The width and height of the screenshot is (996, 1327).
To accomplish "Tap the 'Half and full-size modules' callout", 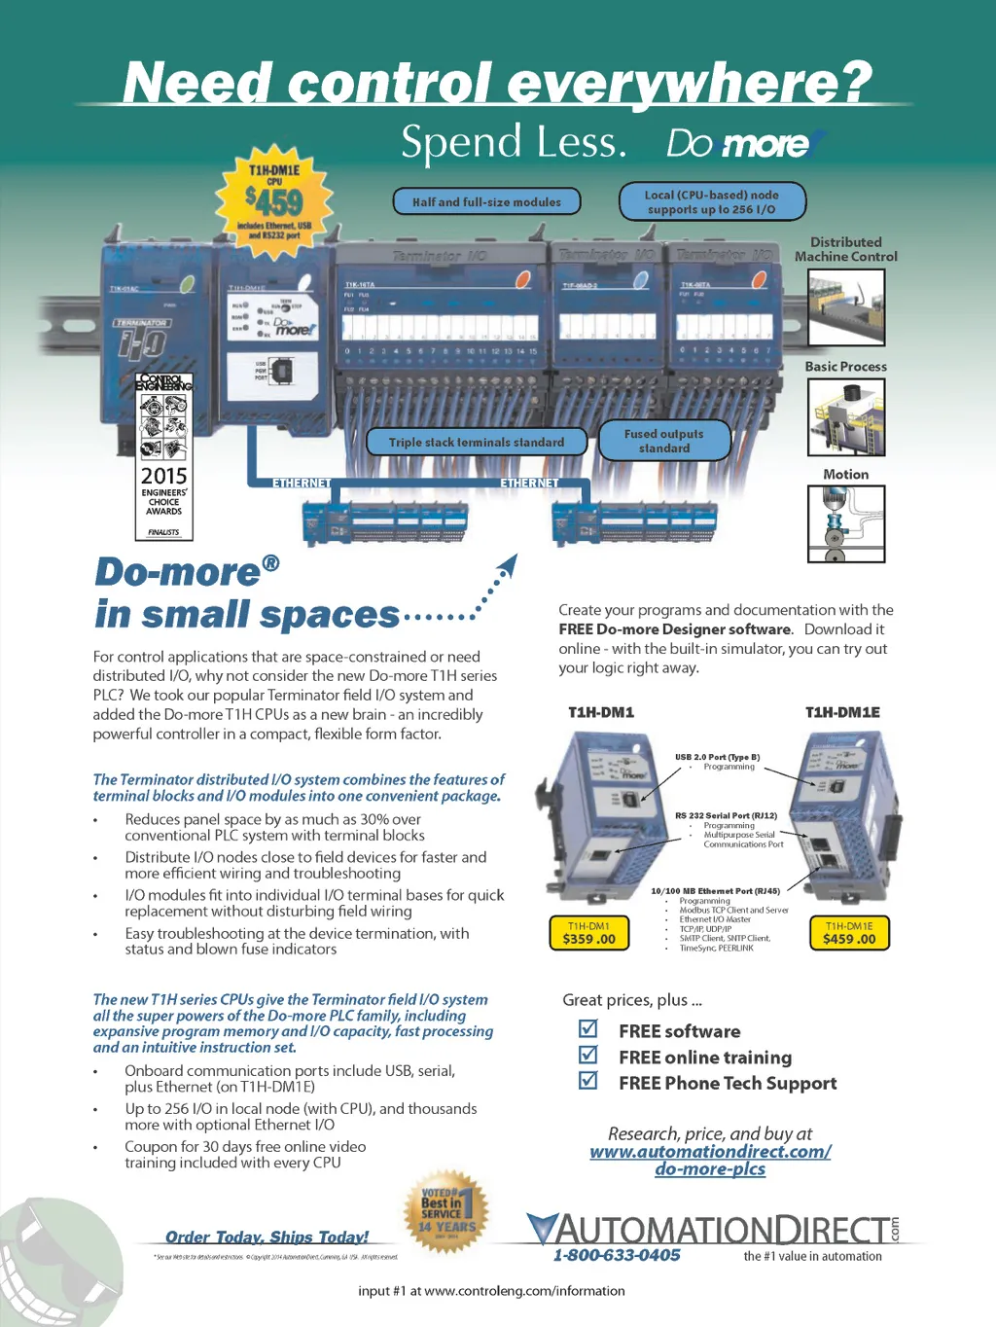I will (486, 201).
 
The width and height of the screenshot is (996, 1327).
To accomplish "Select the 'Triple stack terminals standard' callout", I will (476, 442).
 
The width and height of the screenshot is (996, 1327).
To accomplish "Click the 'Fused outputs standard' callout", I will (664, 441).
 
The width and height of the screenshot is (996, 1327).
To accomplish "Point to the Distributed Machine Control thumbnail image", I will (846, 307).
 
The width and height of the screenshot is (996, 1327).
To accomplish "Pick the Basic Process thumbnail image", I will (846, 417).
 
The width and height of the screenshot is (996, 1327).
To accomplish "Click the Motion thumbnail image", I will (846, 523).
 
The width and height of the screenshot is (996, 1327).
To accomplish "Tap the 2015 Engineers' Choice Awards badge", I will (163, 456).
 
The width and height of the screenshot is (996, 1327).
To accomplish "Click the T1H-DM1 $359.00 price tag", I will (588, 933).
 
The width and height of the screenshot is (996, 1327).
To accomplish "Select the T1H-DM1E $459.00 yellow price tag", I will (849, 933).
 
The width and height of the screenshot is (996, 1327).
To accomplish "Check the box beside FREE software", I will (588, 1028).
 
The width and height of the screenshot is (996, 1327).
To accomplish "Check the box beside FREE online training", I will (588, 1055).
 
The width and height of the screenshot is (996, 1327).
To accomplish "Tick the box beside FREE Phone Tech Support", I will (588, 1080).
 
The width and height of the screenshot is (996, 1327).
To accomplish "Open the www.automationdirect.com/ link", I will (710, 1152).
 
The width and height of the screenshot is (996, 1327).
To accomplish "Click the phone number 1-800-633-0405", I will (617, 1255).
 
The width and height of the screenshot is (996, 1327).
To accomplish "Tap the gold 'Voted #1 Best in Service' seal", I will (445, 1212).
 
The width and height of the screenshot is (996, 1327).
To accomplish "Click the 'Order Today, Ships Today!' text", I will (267, 1237).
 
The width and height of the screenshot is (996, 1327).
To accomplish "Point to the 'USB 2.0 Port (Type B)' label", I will (717, 757).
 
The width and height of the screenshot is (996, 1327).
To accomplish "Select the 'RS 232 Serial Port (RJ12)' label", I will (726, 815).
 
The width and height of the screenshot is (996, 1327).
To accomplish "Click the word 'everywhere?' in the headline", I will (690, 82).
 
